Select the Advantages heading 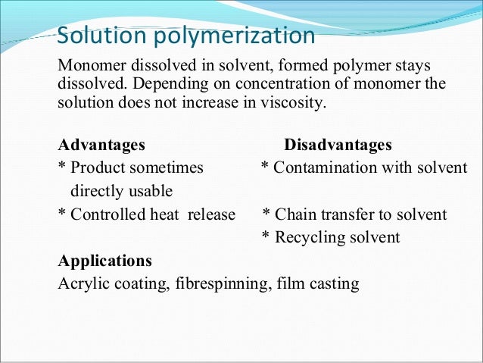pos(102,144)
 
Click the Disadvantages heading pos(338,144)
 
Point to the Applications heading pos(105,261)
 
